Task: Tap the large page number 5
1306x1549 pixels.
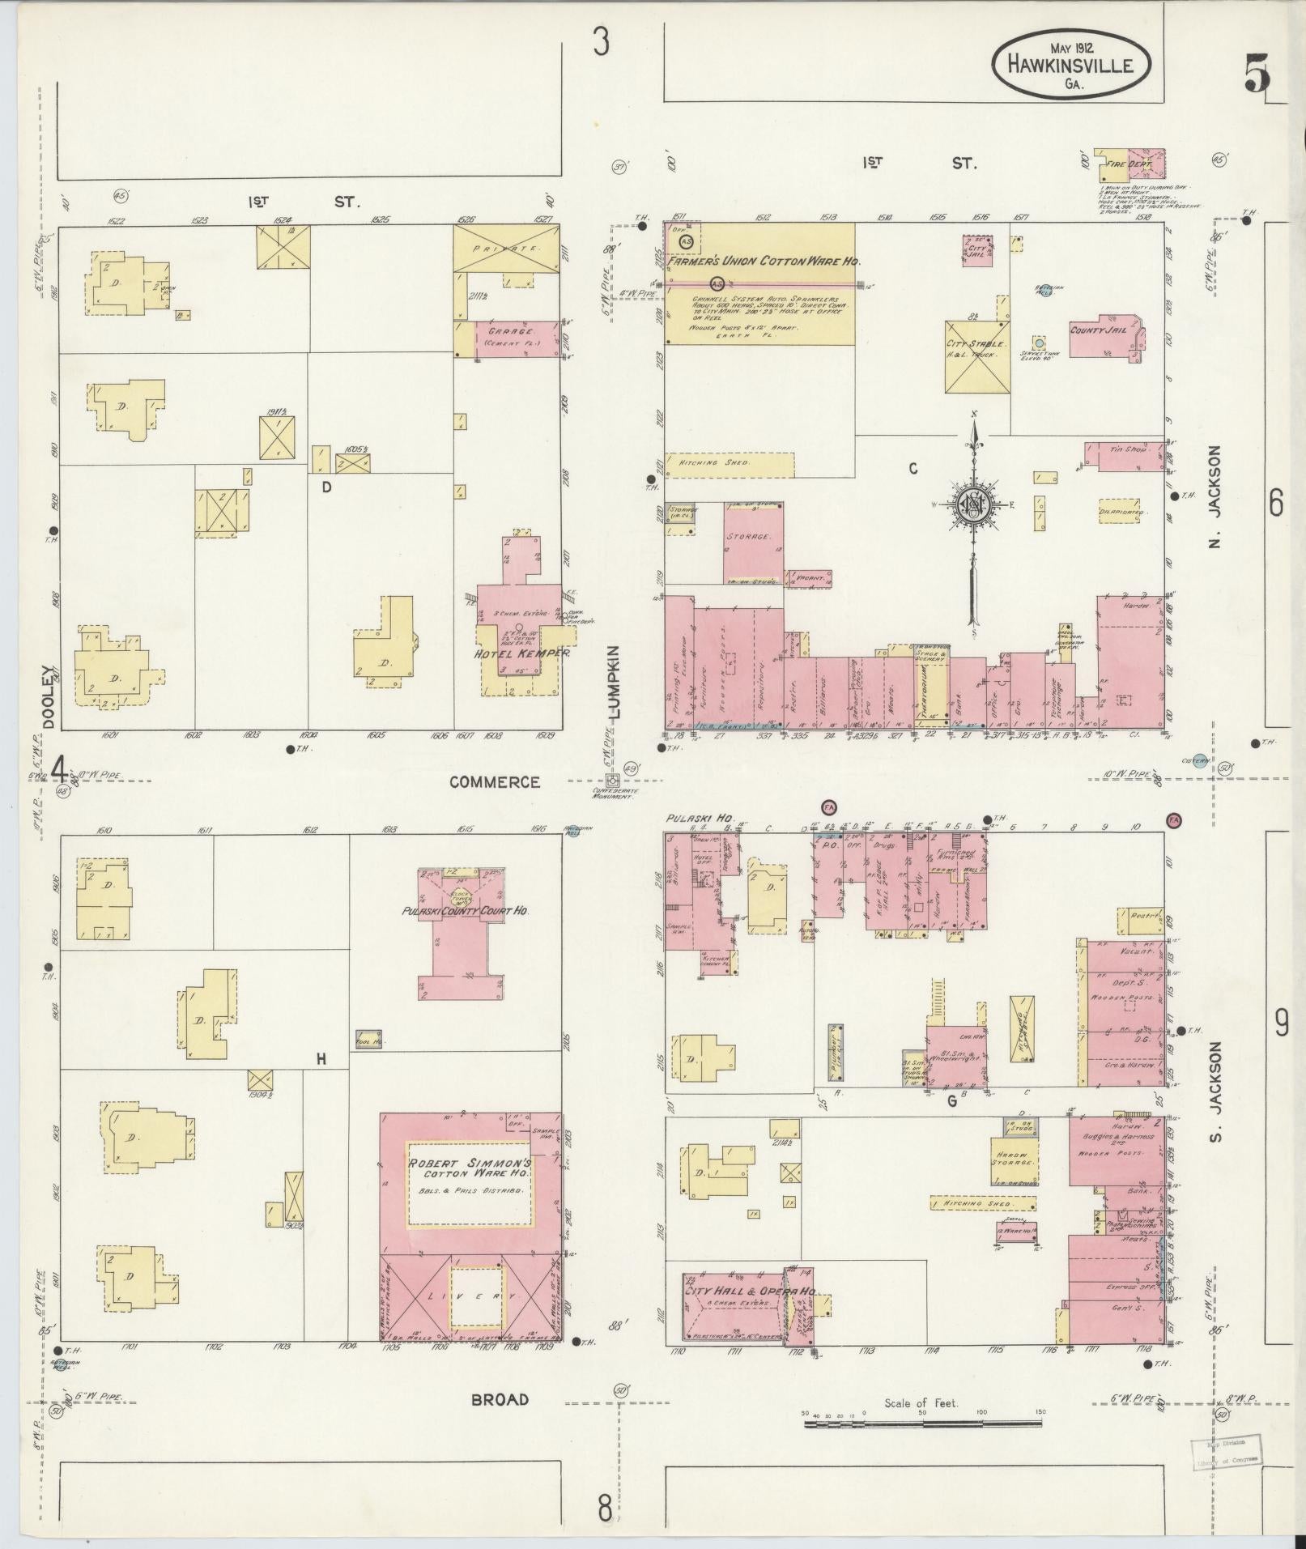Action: [1257, 74]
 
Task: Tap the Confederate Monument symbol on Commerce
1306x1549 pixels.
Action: [613, 781]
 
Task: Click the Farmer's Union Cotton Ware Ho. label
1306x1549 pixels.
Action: [760, 262]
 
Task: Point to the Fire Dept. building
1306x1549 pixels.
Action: [1129, 164]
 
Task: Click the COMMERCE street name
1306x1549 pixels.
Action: [494, 782]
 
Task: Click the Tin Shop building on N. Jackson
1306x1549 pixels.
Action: [1125, 456]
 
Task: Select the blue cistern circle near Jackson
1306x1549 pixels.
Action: [1200, 760]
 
